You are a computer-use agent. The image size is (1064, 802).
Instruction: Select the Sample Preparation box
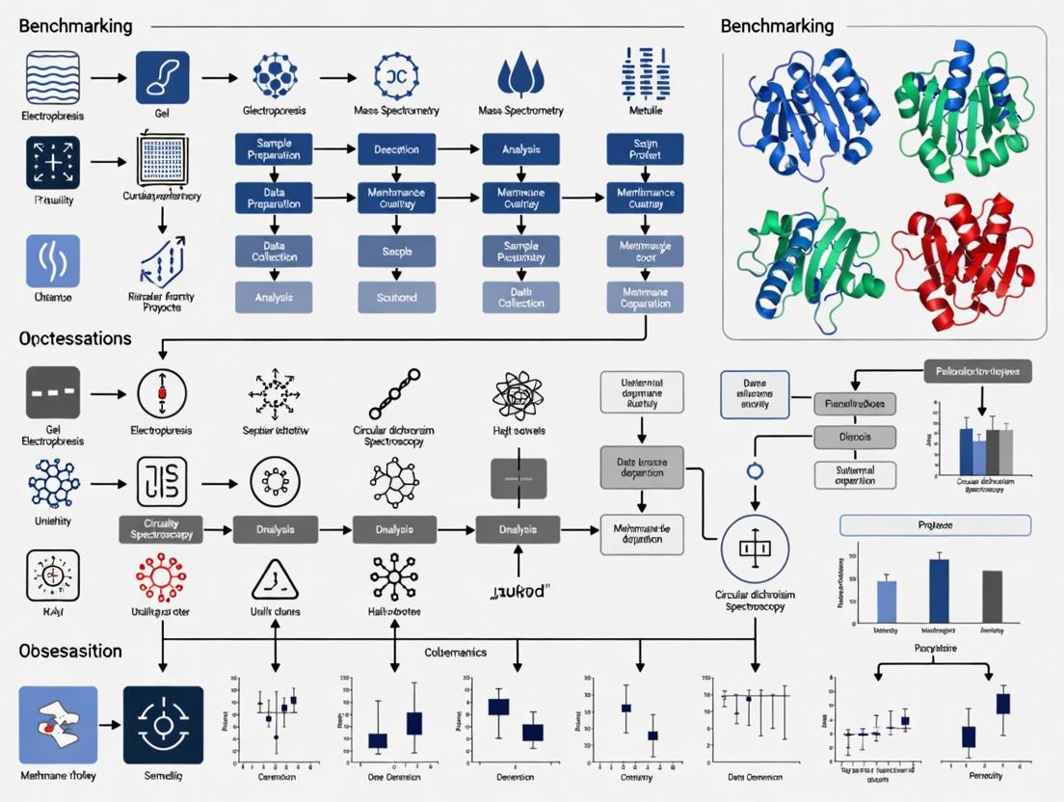274,149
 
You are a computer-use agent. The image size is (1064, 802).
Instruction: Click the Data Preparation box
274,198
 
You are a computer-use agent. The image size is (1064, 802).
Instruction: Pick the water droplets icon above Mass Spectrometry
520,74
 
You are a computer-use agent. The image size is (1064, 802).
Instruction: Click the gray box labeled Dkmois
855,438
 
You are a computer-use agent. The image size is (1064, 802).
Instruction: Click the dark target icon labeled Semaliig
163,725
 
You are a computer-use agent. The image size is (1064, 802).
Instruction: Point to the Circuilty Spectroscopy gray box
161,529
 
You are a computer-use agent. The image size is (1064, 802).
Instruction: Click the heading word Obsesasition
70,651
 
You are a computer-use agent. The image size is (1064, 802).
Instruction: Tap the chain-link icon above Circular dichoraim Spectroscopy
394,394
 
